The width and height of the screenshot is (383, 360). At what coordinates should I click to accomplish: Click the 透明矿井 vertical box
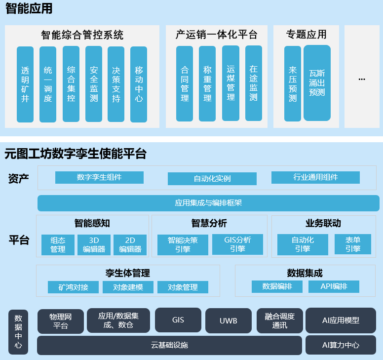click(x=25, y=84)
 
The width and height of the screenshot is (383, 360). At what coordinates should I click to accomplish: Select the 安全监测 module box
click(x=94, y=84)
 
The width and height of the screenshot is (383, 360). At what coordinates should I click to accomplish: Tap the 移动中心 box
click(x=139, y=84)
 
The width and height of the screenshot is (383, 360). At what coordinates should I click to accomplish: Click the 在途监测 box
click(x=253, y=83)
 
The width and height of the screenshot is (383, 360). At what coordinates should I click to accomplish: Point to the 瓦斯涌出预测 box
click(x=317, y=83)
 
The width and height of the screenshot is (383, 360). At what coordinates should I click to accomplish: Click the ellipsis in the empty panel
click(x=362, y=79)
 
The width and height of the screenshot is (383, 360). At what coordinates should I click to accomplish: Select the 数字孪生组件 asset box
click(x=99, y=178)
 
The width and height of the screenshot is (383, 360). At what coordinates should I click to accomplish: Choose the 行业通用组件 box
click(x=315, y=178)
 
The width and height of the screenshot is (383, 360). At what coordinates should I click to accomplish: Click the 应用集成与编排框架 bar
click(x=208, y=203)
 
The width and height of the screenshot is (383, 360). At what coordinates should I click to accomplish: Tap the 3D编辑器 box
click(x=94, y=244)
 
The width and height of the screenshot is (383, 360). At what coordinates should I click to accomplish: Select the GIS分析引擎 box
click(x=237, y=244)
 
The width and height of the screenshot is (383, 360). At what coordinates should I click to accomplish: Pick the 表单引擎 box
click(x=353, y=244)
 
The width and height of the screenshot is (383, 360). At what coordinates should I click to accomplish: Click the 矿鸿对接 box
click(x=73, y=287)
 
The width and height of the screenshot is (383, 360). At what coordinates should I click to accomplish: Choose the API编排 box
click(x=334, y=286)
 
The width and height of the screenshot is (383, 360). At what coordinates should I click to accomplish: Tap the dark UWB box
click(x=229, y=321)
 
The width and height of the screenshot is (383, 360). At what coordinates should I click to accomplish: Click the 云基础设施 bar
click(x=169, y=345)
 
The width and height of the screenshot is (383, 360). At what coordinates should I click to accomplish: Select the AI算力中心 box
click(x=341, y=345)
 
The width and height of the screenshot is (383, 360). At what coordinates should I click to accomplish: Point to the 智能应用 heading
click(x=29, y=9)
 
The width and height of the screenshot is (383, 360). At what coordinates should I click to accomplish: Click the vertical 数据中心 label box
click(x=18, y=332)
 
